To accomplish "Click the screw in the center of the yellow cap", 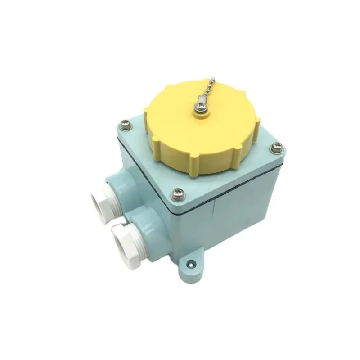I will tap(198, 107).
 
